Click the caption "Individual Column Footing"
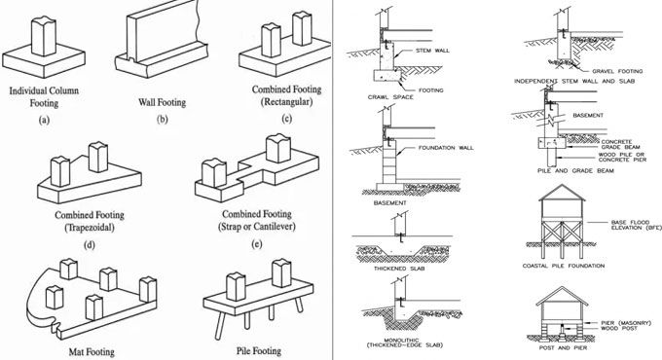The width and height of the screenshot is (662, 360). [46, 95]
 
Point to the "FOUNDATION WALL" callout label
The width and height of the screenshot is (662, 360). [439, 148]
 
